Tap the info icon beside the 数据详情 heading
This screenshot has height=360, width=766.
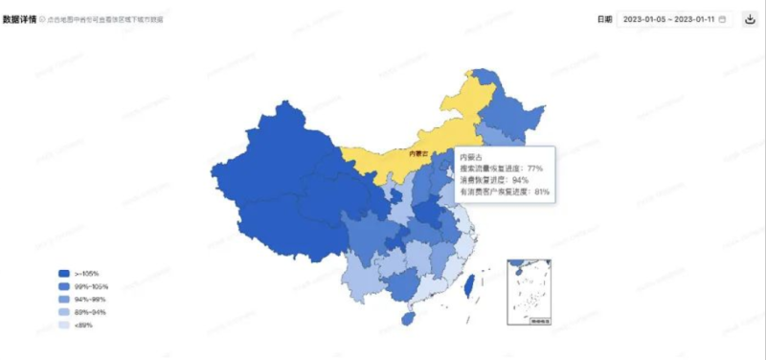pos(43,19)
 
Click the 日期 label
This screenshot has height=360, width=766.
pos(604,19)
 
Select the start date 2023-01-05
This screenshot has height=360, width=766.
pos(644,19)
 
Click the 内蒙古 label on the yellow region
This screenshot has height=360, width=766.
pos(418,153)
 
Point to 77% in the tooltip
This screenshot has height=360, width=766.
pos(535,168)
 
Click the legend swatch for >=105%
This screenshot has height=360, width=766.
pos(64,274)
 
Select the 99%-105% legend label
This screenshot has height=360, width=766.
pos(91,286)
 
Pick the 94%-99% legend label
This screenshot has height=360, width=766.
pos(88,300)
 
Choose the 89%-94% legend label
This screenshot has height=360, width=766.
pos(88,312)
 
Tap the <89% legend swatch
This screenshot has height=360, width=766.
pos(64,326)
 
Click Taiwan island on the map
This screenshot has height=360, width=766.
pos(469,284)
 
